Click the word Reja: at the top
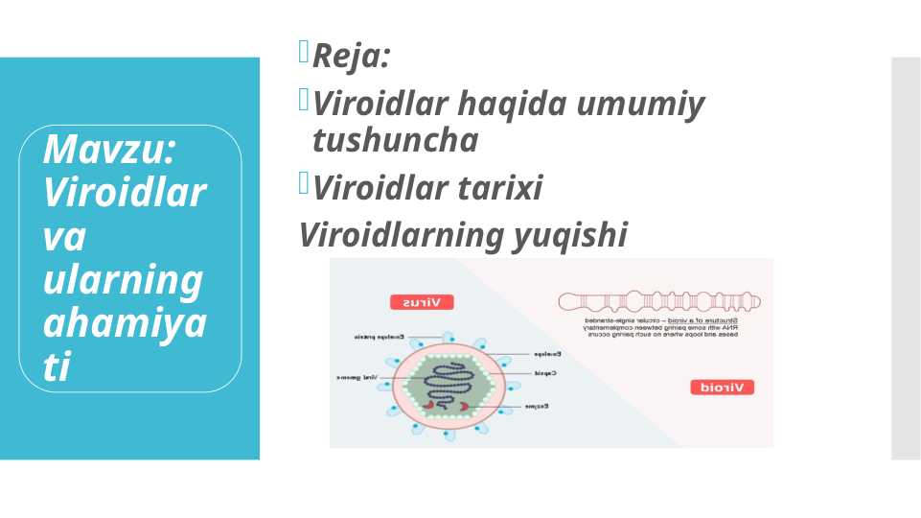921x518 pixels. [x=351, y=57]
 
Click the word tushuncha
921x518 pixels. [x=395, y=140]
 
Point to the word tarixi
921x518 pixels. [x=495, y=188]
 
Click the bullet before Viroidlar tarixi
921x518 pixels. [x=304, y=181]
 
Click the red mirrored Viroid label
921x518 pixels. [x=722, y=388]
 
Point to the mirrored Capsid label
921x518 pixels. [x=544, y=372]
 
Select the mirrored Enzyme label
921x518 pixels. [x=536, y=407]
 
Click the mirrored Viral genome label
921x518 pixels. [x=357, y=377]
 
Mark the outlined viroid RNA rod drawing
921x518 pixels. [x=660, y=302]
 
